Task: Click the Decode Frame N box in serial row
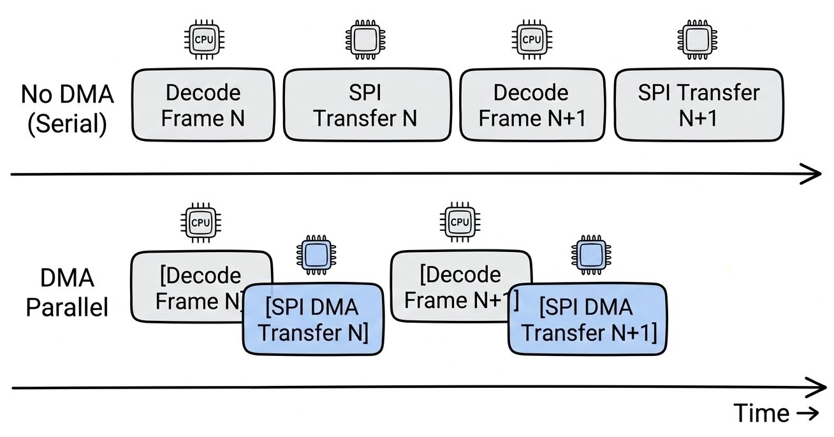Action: click(x=203, y=105)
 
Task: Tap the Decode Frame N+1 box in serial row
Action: click(x=531, y=105)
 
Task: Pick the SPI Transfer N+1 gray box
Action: click(x=698, y=105)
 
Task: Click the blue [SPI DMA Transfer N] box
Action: click(x=313, y=321)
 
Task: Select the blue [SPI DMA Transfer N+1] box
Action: click(x=587, y=321)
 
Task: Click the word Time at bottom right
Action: click(x=761, y=414)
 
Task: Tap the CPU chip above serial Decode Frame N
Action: click(x=203, y=40)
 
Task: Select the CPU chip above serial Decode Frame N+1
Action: click(x=531, y=40)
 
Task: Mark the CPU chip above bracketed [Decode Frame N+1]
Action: click(x=458, y=223)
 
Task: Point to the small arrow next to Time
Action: click(x=807, y=414)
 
